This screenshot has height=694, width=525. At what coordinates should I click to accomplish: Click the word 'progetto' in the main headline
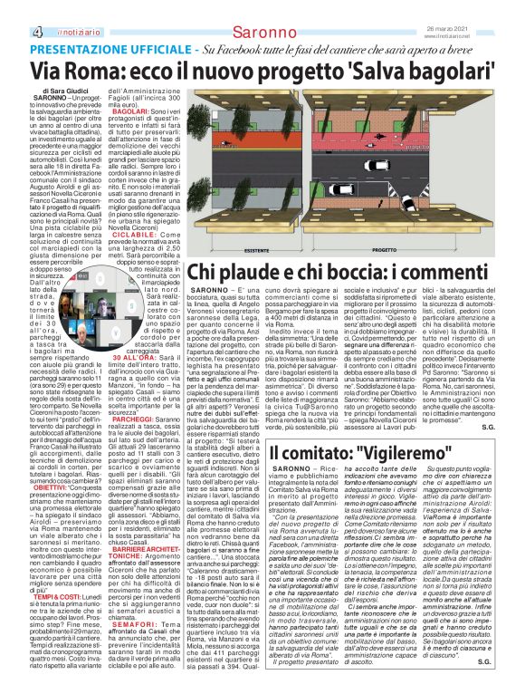tap(331, 71)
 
